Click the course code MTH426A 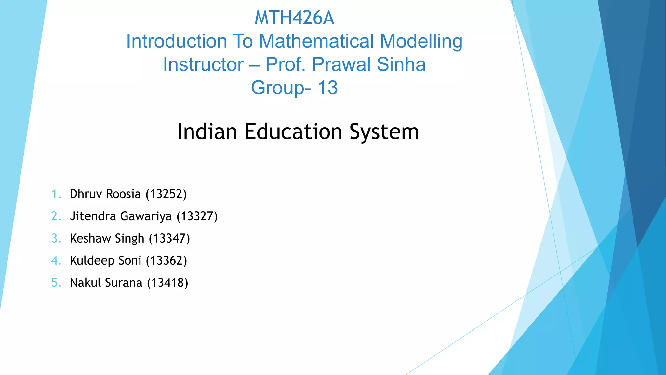tap(294, 18)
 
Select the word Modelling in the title tap(421, 41)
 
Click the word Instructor tap(203, 64)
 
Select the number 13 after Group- tap(327, 88)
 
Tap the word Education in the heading tap(293, 132)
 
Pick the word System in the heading tap(384, 132)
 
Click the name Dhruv tap(86, 194)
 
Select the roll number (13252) tap(166, 194)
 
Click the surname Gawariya tap(146, 216)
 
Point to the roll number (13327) tap(197, 216)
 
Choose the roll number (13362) tap(166, 260)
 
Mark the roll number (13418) tap(167, 283)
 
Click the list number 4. tap(56, 260)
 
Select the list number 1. tap(56, 194)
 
